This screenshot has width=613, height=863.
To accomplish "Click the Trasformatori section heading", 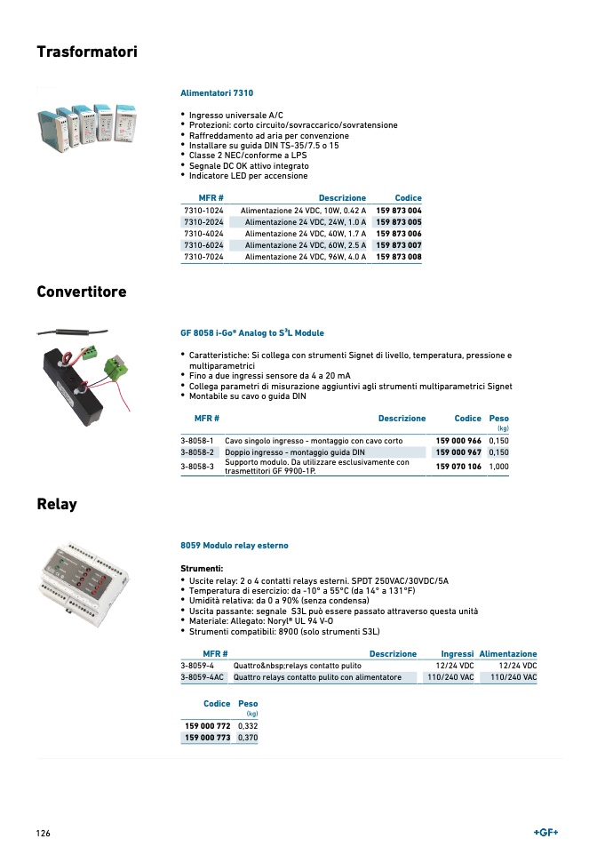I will pos(87,52).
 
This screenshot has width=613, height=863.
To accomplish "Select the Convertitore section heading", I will pos(82,292).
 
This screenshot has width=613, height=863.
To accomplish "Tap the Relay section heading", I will pos(57,505).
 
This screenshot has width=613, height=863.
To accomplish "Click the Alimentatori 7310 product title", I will pos(217,92).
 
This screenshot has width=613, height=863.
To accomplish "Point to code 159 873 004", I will pos(399,211).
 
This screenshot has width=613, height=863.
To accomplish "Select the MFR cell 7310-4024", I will pos(203,234).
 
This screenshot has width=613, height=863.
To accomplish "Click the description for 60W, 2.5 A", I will pos(305,245).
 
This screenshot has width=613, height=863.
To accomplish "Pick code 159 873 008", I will pos(399,257).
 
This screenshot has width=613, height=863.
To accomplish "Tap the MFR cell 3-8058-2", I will pos(198,452).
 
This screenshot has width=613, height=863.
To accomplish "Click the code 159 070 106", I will pos(458,467).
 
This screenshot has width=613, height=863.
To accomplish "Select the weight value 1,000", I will pos(498,467).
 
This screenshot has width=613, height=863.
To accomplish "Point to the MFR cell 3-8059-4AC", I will pos(203,677).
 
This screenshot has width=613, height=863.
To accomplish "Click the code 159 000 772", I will pos(207,726).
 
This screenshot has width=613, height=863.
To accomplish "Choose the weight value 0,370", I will pos(246,739).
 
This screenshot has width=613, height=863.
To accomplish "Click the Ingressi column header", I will pos(457,654).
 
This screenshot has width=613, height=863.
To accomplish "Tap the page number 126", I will pos(44,834).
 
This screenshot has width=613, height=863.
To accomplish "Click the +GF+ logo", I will pos(545,833).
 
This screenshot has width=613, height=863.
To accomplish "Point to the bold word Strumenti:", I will pos(202,568).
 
